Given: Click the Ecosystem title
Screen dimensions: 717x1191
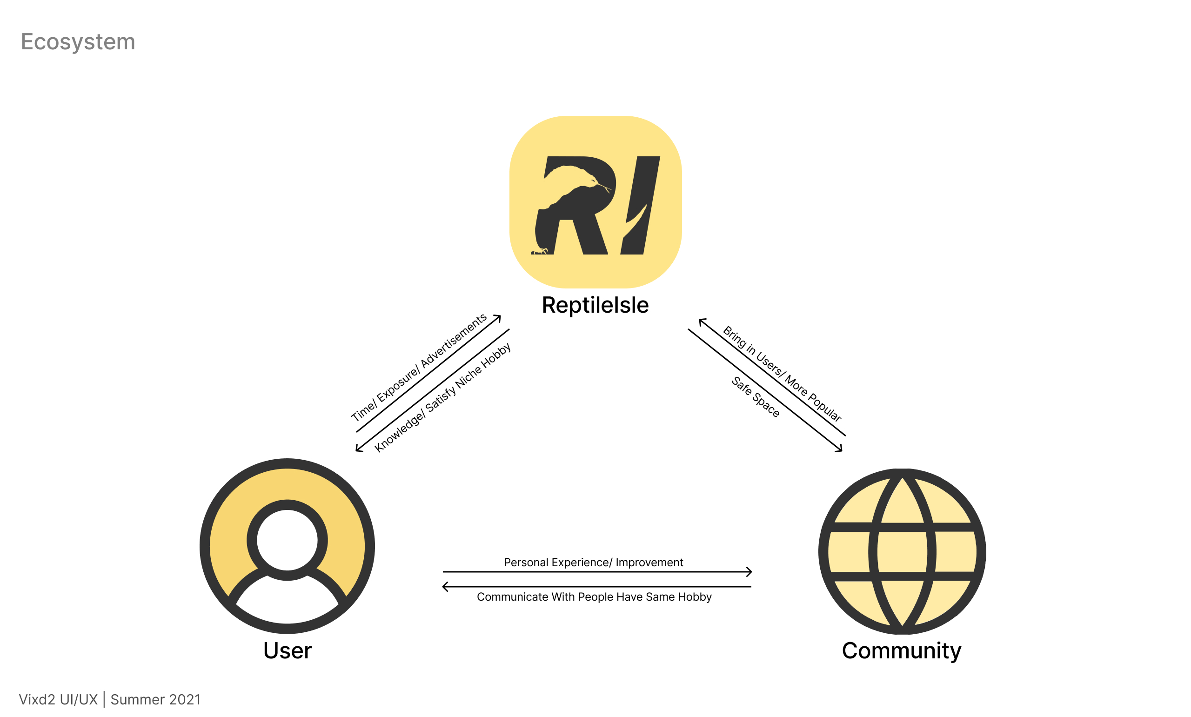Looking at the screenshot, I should [x=78, y=41].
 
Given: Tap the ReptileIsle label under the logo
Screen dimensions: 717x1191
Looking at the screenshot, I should [x=595, y=305].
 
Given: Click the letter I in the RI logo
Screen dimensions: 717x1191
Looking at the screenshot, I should [x=641, y=205].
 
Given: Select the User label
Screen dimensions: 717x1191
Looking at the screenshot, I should [x=288, y=650].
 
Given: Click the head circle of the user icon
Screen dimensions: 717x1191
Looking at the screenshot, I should [x=287, y=540].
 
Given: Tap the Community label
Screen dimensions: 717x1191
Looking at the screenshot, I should [x=901, y=650].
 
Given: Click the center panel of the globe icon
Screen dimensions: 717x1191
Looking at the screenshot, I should [x=902, y=551].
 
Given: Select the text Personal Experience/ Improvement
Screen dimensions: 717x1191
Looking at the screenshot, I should [x=593, y=563].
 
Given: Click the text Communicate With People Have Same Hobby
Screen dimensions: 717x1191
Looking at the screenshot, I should [x=594, y=596].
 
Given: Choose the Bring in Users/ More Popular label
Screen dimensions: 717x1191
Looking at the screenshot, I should [x=782, y=374].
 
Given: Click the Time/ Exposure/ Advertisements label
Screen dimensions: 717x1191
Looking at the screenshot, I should [x=418, y=367].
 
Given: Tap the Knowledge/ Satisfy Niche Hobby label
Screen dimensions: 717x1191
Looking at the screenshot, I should [x=442, y=397].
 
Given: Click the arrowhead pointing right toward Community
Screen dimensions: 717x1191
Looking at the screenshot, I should [x=749, y=571].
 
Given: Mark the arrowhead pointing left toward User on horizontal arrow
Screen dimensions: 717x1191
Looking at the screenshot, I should [x=445, y=587].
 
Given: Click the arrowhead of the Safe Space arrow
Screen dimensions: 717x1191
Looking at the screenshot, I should [x=840, y=450].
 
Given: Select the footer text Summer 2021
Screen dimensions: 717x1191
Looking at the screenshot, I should [x=155, y=699].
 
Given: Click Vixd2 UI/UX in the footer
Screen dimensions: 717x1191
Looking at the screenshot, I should [x=58, y=699].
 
